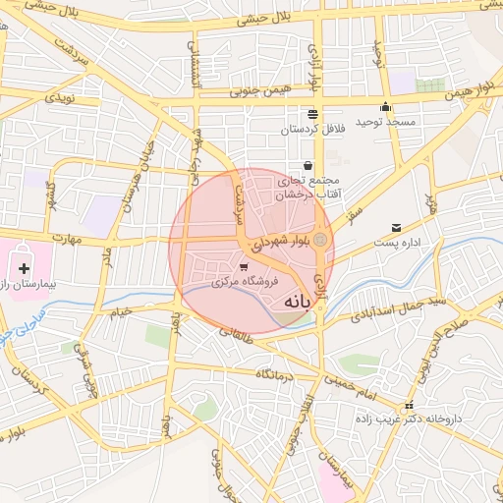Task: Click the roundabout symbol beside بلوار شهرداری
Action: tap(320, 239)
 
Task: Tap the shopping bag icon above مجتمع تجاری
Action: tap(309, 165)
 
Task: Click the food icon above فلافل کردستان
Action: tap(312, 113)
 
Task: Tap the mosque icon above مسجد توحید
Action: tap(385, 107)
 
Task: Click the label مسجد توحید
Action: tap(385, 122)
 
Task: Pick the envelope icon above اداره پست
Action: tap(396, 227)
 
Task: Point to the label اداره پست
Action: tap(397, 242)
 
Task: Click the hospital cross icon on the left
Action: tap(24, 268)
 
